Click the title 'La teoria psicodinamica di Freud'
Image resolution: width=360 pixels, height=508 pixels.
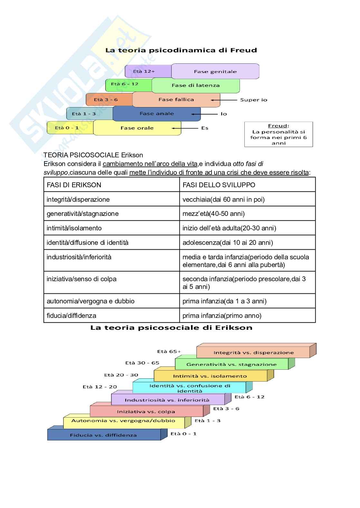click(181, 50)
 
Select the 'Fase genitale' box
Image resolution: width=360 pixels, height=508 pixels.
click(215, 71)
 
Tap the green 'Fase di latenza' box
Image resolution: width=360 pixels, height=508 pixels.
click(195, 86)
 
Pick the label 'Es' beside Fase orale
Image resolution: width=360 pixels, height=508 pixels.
click(205, 128)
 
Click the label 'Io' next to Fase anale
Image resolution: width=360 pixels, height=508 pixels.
click(223, 114)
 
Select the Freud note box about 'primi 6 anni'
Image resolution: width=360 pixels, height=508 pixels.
click(279, 134)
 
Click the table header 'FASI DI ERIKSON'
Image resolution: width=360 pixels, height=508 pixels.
click(74, 185)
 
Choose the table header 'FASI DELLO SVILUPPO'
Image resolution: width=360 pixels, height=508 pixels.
click(219, 185)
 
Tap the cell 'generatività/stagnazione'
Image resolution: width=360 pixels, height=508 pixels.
click(82, 214)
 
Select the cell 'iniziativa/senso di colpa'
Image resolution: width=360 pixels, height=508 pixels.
click(81, 279)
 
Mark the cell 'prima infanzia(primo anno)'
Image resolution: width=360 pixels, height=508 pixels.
click(222, 316)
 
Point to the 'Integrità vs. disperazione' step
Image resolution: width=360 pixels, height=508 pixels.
click(253, 353)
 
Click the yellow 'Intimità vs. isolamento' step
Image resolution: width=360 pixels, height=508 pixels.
click(210, 376)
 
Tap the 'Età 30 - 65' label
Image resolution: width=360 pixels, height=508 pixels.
click(142, 363)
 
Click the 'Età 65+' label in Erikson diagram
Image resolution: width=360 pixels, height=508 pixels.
click(169, 351)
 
